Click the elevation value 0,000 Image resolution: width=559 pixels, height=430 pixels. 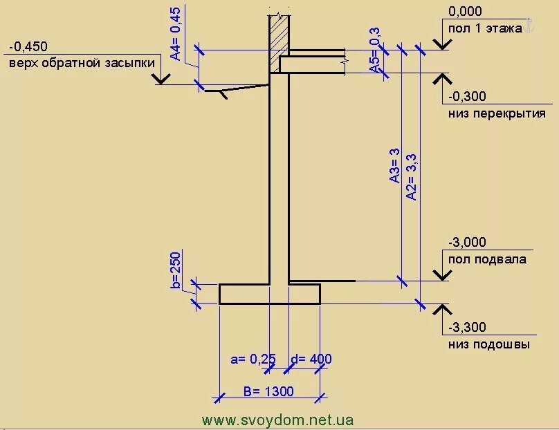pos(465,12)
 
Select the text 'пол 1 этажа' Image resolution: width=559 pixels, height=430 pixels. pos(484,29)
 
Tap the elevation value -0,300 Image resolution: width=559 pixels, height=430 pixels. pos(467,97)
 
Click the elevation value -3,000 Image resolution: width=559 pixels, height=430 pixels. pos(467,243)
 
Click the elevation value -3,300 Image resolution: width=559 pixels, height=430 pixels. pos(467,327)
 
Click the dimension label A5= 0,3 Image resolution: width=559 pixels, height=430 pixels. pos(375,50)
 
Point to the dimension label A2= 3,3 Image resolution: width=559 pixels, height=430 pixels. pos(411,177)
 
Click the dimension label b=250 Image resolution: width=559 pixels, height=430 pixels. pos(175,270)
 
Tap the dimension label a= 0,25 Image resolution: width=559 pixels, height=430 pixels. pos(253,359)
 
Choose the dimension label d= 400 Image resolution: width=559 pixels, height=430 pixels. pos(311,359)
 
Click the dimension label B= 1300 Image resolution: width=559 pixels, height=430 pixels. pos(268,392)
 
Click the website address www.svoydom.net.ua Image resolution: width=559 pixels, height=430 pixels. pos(278,420)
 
